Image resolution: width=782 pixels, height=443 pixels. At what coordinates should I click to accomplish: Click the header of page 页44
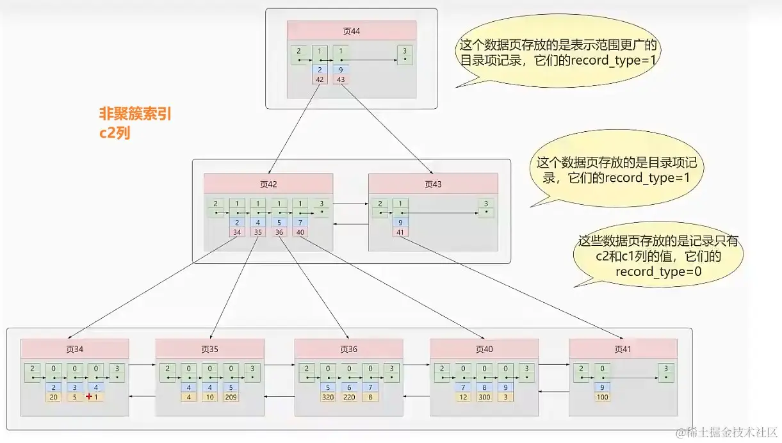pyautogui.click(x=351, y=31)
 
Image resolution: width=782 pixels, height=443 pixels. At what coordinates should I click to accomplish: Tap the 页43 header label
pyautogui.click(x=433, y=184)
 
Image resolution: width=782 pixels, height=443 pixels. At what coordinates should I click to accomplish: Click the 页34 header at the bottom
pyautogui.click(x=75, y=349)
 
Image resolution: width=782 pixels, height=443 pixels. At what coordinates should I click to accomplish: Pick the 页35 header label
pyautogui.click(x=209, y=349)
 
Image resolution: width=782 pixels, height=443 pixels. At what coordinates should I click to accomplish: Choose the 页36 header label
pyautogui.click(x=348, y=349)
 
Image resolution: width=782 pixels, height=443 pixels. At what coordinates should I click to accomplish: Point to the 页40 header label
pyautogui.click(x=484, y=349)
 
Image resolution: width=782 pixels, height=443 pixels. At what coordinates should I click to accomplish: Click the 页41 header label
pyautogui.click(x=623, y=349)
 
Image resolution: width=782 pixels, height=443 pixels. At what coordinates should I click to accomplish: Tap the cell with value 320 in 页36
pyautogui.click(x=328, y=397)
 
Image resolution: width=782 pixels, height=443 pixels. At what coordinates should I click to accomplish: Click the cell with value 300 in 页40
pyautogui.click(x=484, y=397)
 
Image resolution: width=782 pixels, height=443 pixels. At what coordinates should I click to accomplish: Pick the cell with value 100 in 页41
pyautogui.click(x=602, y=397)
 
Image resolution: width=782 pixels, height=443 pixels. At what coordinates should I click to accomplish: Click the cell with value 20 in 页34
pyautogui.click(x=54, y=397)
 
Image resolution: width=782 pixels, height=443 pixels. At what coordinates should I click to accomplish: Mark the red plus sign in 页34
pyautogui.click(x=89, y=397)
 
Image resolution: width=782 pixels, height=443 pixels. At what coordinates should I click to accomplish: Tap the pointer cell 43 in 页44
pyautogui.click(x=340, y=79)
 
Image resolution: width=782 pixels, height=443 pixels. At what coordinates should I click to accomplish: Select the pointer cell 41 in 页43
pyautogui.click(x=400, y=232)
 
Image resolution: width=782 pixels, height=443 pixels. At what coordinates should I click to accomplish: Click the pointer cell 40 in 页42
pyautogui.click(x=300, y=232)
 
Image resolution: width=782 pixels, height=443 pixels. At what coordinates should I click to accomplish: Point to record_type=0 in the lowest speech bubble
pyautogui.click(x=658, y=271)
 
